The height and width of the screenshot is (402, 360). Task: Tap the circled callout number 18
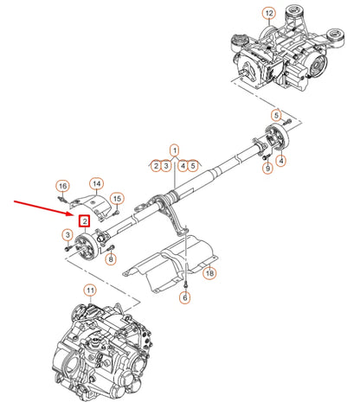pos(209,273)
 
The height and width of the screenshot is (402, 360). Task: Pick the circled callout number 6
pos(184,297)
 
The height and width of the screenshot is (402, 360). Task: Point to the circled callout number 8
pos(111,258)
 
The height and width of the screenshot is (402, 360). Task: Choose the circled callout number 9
pos(267,168)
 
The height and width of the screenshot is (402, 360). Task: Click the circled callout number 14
pos(97,184)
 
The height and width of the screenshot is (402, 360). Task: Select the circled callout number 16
pos(62,186)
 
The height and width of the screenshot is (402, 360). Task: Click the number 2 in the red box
pos(86,220)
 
